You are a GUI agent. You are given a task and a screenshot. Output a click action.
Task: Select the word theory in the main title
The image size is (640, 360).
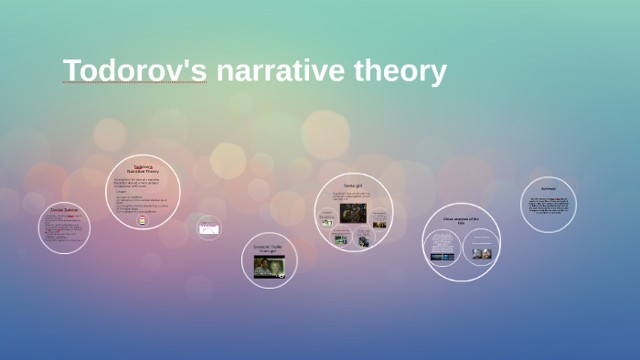[400, 71]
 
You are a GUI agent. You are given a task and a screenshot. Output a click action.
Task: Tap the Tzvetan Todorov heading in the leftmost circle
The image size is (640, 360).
[64, 210]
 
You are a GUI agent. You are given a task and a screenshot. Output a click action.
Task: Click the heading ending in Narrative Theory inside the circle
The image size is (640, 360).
[143, 168]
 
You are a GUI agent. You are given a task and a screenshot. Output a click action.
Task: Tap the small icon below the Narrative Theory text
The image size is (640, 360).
[142, 220]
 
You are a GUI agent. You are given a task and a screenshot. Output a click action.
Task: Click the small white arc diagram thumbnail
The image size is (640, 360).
[209, 229]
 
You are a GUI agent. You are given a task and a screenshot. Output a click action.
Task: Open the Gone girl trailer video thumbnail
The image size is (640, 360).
[269, 266]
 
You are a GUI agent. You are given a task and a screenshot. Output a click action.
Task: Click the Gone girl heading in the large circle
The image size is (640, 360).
[354, 185]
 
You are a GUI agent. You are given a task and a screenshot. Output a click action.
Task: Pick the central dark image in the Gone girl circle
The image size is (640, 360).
[353, 213]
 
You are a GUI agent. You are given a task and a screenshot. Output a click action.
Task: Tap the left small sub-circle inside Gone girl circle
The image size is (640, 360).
[326, 218]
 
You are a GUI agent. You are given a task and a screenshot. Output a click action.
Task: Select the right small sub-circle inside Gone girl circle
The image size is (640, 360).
[379, 218]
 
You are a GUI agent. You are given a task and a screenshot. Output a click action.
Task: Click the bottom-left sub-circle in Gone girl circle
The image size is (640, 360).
[340, 239]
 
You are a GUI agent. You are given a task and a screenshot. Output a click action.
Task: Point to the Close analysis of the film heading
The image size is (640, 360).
[462, 220]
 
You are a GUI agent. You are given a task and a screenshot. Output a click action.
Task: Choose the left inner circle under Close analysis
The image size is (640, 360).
[443, 249]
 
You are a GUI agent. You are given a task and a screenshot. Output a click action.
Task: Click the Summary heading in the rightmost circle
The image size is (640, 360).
[549, 189]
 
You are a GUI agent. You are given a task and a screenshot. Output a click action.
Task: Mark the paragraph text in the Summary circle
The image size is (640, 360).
[549, 206]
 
